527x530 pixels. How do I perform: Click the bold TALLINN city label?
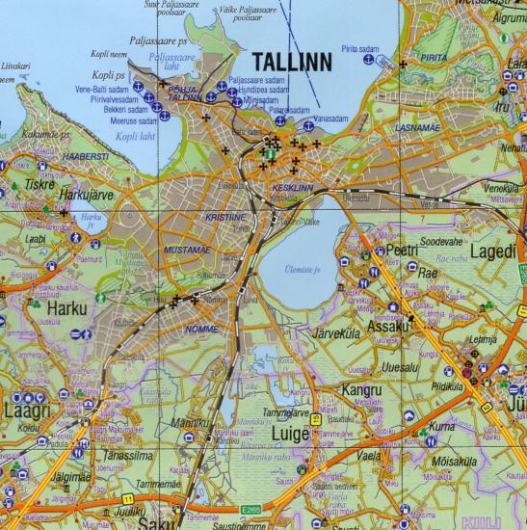tap(291, 62)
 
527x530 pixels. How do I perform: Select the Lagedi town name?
tap(495, 251)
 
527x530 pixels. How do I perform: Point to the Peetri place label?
tap(401, 250)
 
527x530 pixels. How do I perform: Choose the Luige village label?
tap(293, 435)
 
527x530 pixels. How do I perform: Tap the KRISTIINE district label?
tap(225, 219)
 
